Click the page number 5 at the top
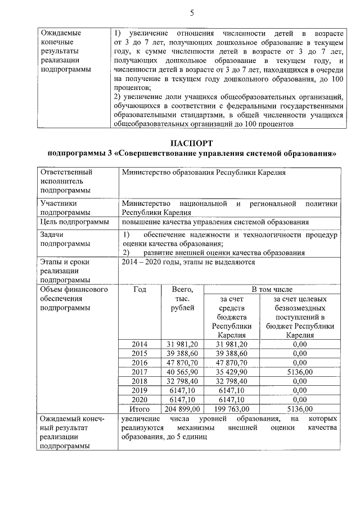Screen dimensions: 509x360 (x=191, y=12)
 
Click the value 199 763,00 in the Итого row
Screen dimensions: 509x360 (x=231, y=408)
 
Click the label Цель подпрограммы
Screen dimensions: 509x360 (x=74, y=222)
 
